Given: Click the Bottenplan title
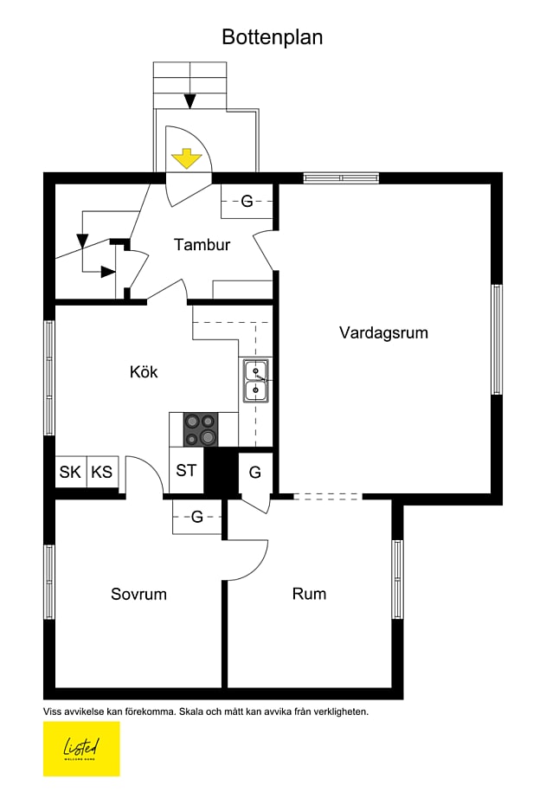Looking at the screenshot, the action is tap(272, 37).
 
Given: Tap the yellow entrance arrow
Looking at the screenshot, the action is tap(186, 158).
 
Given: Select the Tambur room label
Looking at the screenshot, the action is tap(202, 245).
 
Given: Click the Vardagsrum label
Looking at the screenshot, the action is tap(383, 332).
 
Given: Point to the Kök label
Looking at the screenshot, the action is tap(144, 372).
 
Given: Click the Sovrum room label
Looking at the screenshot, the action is tap(138, 595).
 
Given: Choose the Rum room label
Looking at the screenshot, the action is tap(309, 595).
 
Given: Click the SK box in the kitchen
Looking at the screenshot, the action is tap(70, 473).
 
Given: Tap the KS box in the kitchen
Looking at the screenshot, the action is tap(102, 473).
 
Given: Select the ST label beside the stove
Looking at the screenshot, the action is tap(186, 471).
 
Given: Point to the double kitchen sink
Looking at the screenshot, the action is tap(255, 382).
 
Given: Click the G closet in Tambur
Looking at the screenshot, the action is tap(247, 203).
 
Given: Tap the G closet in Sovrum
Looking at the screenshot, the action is tap(197, 518).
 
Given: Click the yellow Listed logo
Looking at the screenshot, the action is tap(81, 748).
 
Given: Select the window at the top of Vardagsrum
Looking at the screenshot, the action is tap(341, 177).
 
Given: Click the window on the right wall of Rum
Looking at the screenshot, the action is tap(397, 578).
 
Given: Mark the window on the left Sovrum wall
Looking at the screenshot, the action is tap(49, 582).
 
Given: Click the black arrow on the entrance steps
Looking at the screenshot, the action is tap(189, 101).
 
